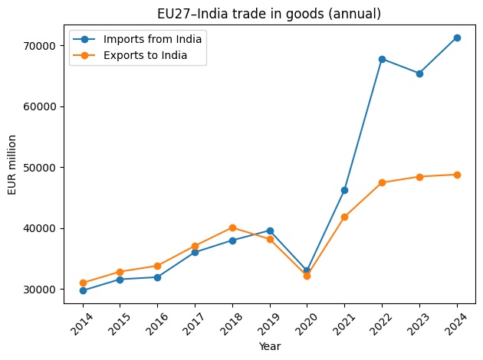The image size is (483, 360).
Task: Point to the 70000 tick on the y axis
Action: tap(38, 45)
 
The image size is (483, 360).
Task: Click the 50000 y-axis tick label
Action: tap(38, 167)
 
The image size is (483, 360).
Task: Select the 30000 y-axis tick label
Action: tap(38, 290)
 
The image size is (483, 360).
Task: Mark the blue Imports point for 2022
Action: tap(382, 59)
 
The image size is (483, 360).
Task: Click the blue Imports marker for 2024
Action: tap(457, 38)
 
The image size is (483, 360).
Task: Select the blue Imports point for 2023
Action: tap(419, 74)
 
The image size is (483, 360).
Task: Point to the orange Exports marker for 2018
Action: tap(232, 227)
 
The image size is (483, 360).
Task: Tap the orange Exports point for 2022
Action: tap(382, 182)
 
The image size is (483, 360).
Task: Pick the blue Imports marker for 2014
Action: tap(82, 290)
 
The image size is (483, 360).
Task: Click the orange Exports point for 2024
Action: tap(457, 175)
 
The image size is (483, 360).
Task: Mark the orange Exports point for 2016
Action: tap(157, 266)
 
